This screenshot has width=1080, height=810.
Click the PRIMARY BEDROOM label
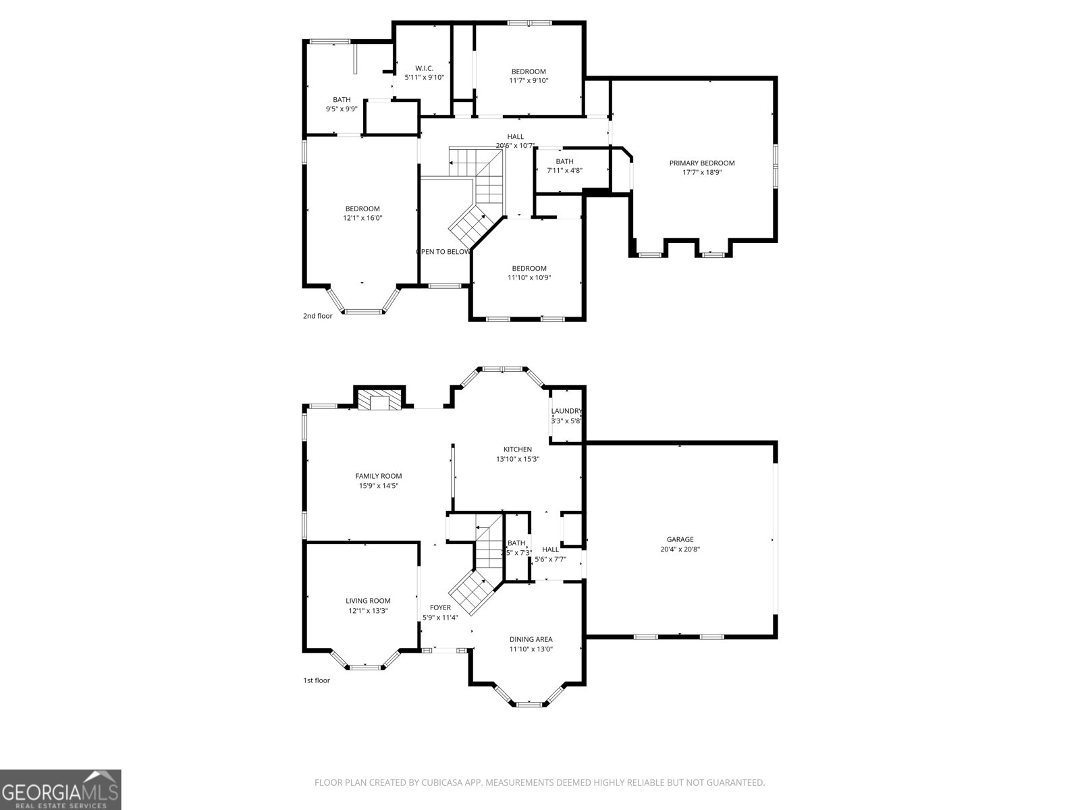pyautogui.click(x=702, y=163)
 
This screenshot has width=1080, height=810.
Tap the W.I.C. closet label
pyautogui.click(x=424, y=68)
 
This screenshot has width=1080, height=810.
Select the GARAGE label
pyautogui.click(x=680, y=539)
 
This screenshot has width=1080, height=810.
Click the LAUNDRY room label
pyautogui.click(x=566, y=411)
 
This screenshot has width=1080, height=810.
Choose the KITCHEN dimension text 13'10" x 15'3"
pyautogui.click(x=518, y=459)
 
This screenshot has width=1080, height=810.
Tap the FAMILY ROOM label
pyautogui.click(x=379, y=476)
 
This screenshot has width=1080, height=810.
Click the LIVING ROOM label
pyautogui.click(x=368, y=601)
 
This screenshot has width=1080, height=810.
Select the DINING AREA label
pyautogui.click(x=531, y=639)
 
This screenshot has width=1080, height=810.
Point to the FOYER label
pyautogui.click(x=440, y=607)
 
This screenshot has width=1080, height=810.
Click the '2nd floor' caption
pyautogui.click(x=317, y=315)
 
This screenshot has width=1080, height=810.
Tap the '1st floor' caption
pyautogui.click(x=316, y=680)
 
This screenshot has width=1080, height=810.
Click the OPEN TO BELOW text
pyautogui.click(x=443, y=252)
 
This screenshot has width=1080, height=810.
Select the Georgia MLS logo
pyautogui.click(x=60, y=789)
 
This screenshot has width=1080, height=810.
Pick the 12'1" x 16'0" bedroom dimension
pyautogui.click(x=362, y=218)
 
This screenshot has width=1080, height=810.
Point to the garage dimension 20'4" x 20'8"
pyautogui.click(x=680, y=549)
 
